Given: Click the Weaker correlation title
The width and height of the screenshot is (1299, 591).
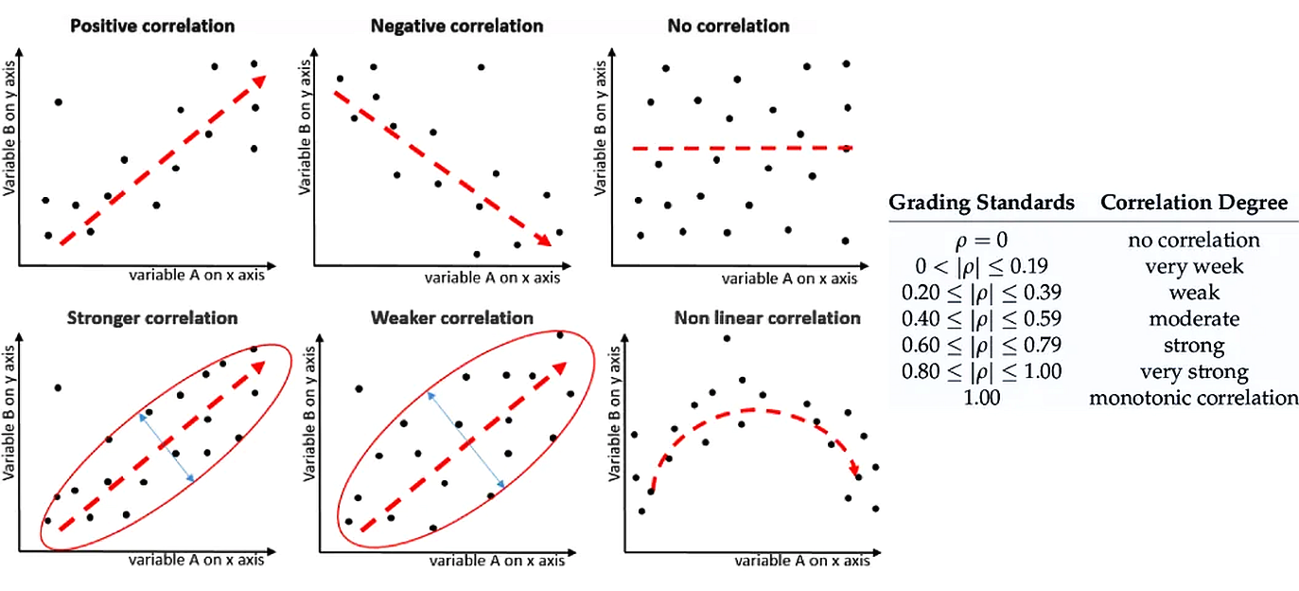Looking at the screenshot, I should (452, 318).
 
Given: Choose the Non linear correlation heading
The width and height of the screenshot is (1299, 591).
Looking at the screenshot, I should (767, 318).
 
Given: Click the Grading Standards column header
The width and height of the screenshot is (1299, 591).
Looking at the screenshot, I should (981, 202).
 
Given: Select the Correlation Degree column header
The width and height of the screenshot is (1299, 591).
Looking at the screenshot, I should (1193, 202).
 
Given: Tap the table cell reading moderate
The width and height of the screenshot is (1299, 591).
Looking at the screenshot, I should (1194, 319).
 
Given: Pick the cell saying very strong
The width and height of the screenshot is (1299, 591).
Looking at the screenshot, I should (1194, 372).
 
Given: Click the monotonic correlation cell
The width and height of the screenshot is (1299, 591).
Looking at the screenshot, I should (1194, 398).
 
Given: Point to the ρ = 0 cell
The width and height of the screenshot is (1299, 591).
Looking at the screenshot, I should (981, 241).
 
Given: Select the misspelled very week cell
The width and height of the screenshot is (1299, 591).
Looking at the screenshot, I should (1194, 266).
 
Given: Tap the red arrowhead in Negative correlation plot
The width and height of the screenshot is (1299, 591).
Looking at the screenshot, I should (542, 241).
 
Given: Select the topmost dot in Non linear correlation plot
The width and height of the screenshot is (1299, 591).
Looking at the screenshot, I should (727, 338).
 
